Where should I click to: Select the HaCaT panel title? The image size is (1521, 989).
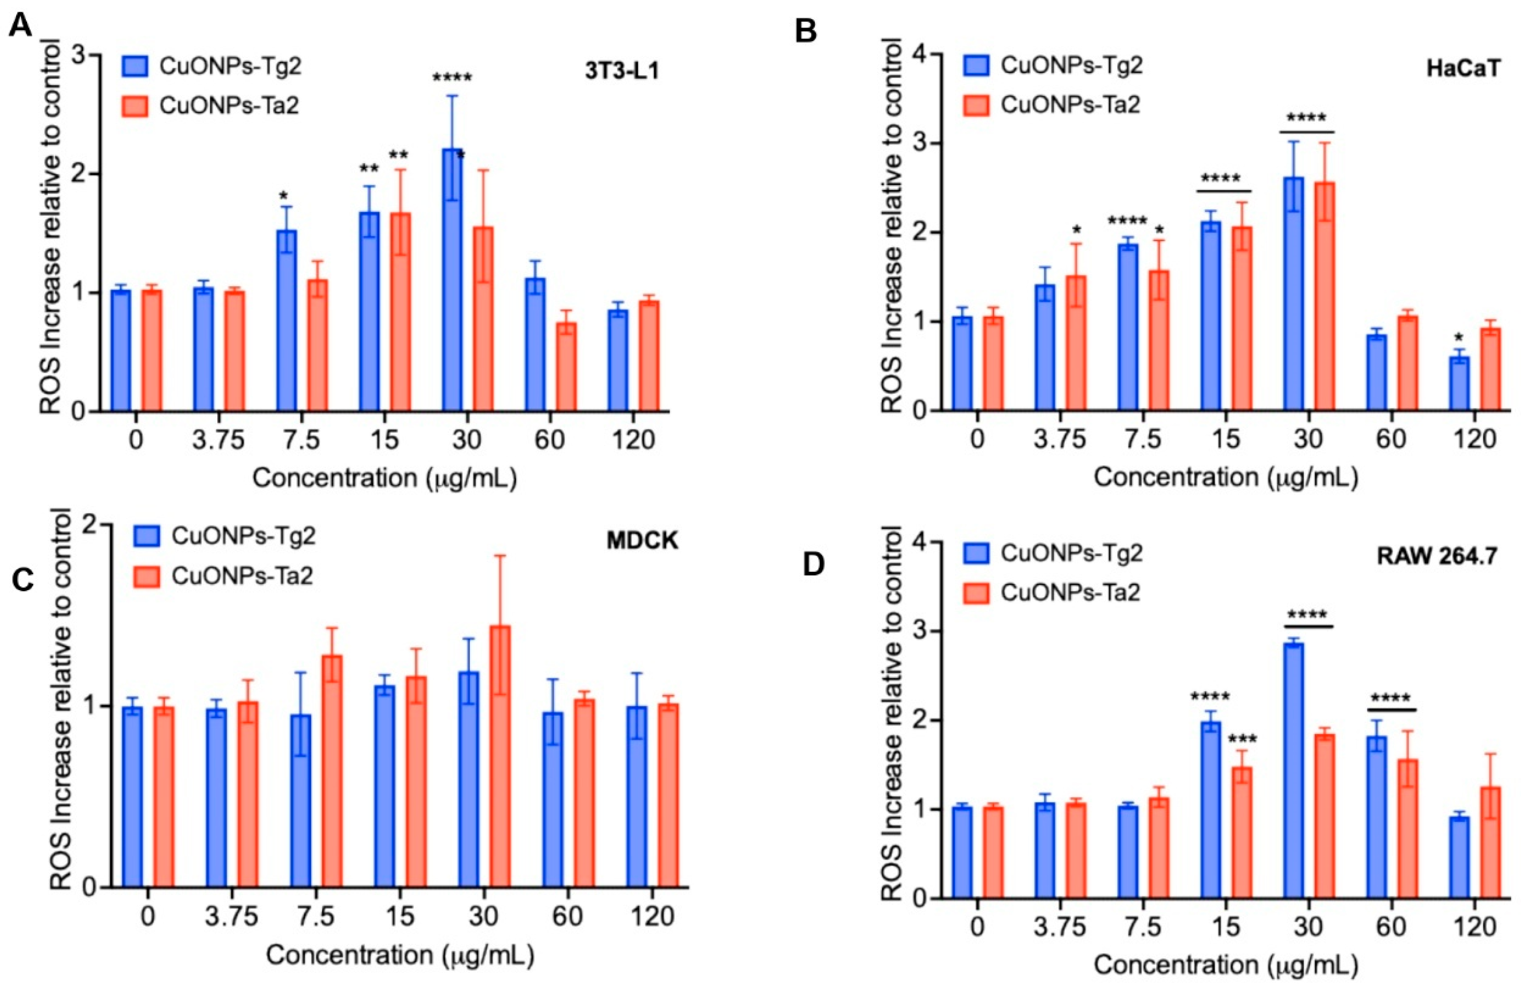point(1462,69)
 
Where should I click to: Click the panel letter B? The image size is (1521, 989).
point(806,30)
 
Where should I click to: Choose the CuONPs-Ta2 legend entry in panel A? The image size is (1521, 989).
point(211,105)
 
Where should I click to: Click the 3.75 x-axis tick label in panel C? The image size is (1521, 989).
point(231,917)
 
